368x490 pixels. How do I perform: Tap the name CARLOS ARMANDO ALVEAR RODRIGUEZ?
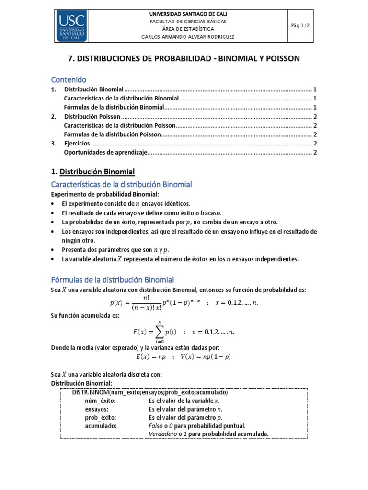point(188,37)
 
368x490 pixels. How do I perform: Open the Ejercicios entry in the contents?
point(77,144)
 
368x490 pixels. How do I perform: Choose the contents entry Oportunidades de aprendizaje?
point(106,153)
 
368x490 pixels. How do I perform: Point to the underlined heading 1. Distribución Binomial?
point(93,171)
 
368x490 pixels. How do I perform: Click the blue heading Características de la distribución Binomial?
point(121,184)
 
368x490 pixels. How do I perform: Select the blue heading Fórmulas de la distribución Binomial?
point(112,279)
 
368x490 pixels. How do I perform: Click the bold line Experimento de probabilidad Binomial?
point(105,194)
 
